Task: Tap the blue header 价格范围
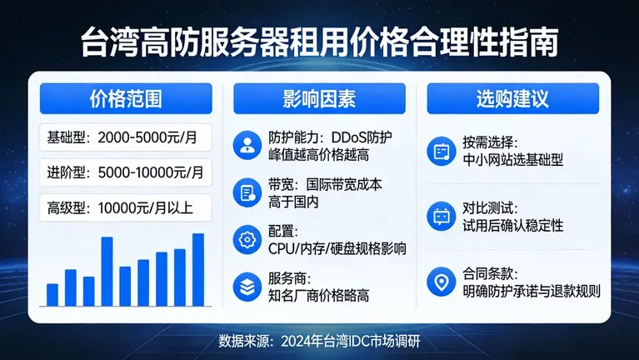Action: point(125,99)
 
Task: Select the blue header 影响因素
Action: point(319,99)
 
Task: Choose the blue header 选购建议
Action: point(512,99)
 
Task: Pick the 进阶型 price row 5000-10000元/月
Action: point(125,172)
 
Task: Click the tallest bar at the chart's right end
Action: point(198,269)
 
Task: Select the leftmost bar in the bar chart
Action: point(52,294)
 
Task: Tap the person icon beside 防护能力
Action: point(247,144)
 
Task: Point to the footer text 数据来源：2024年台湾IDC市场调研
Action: point(319,342)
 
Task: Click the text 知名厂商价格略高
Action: point(319,296)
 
